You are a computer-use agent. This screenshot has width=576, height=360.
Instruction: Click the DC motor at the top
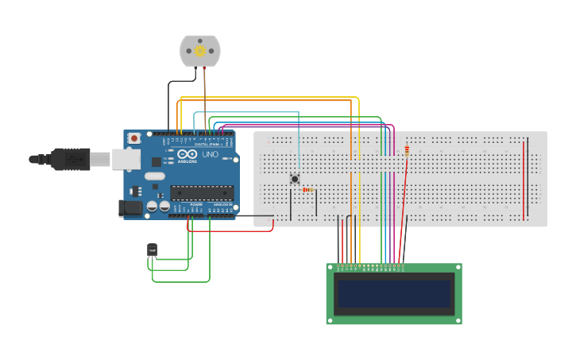(x=200, y=50)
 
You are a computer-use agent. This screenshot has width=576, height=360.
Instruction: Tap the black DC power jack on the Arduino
(x=130, y=208)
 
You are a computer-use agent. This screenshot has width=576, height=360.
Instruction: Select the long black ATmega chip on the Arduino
(x=202, y=192)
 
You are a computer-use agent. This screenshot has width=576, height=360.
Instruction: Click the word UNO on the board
(x=211, y=155)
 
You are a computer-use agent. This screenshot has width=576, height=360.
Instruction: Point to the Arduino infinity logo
(x=184, y=155)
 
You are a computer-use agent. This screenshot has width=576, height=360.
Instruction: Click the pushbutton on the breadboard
(x=295, y=179)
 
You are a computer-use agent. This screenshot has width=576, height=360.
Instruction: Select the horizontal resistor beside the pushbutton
(x=308, y=190)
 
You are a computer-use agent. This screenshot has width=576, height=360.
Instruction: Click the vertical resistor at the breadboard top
(x=407, y=150)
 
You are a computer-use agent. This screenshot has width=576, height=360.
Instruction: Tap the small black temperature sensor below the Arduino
(x=152, y=250)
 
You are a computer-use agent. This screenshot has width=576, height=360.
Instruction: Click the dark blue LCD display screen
(x=393, y=293)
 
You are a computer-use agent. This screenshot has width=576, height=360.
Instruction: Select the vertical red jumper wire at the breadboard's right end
(x=524, y=179)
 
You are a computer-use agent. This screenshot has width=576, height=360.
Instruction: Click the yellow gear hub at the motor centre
(x=200, y=51)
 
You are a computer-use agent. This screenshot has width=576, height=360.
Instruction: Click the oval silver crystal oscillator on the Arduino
(x=154, y=176)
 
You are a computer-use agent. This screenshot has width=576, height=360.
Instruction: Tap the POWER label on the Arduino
(x=195, y=204)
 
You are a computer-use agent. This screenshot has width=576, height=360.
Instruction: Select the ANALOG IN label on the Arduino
(x=222, y=204)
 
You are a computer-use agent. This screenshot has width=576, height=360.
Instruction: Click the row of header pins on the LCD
(x=370, y=265)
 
